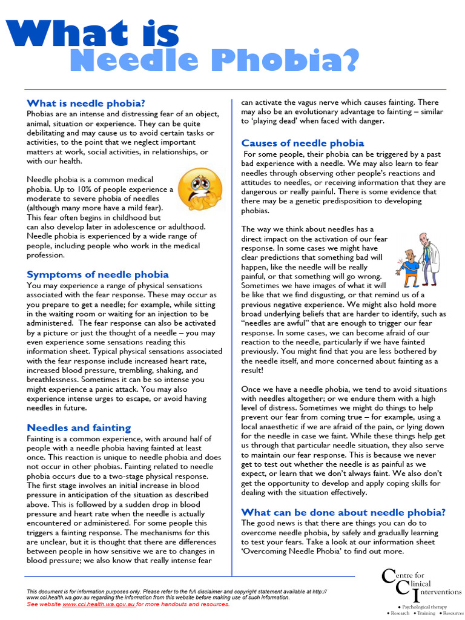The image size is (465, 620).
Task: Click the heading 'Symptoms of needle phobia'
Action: point(97,274)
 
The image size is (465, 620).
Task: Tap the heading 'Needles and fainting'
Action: point(79,427)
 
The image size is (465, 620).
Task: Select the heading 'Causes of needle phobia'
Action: point(303,143)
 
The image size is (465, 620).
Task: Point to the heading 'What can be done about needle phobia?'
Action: point(343,512)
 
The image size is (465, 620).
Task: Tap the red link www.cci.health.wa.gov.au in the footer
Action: point(99,604)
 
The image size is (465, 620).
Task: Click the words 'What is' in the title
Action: point(93,33)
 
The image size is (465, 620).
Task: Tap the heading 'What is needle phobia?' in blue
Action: point(85,102)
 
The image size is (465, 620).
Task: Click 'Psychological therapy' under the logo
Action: point(426,606)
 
